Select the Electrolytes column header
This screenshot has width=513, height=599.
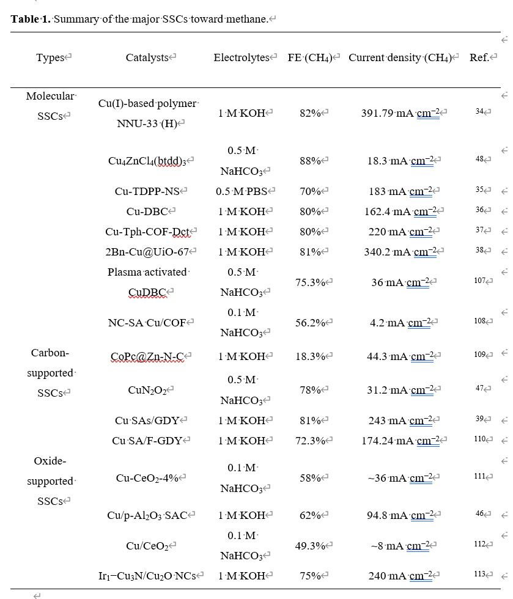click(x=242, y=58)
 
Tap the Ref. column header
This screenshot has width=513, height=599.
click(x=479, y=58)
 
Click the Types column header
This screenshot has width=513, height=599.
click(x=51, y=58)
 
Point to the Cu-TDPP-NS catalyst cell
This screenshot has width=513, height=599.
click(x=147, y=191)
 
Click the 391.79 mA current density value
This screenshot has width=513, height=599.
click(x=400, y=113)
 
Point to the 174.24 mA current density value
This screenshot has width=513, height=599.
click(x=400, y=441)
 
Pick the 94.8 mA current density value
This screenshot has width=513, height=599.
click(x=400, y=515)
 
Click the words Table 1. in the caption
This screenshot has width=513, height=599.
click(x=31, y=19)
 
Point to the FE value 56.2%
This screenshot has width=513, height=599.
click(x=310, y=323)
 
